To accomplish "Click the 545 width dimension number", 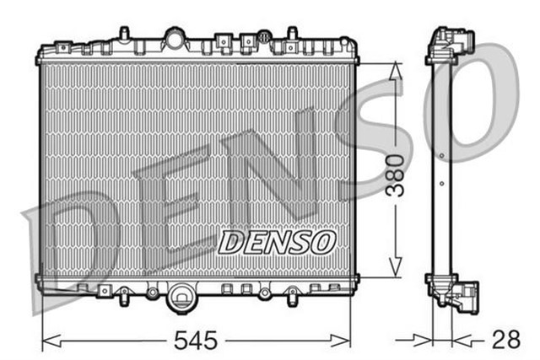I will point(195,341).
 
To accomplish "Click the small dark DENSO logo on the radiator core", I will point(278,241).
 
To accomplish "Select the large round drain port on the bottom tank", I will point(181,296).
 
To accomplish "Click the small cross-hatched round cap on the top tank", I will point(264,36).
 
